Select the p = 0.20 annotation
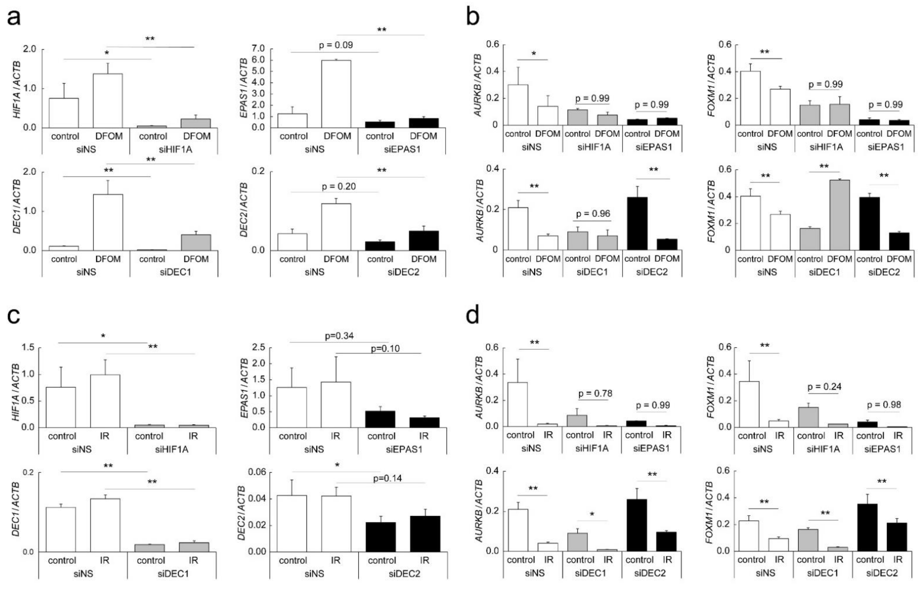(x=339, y=186)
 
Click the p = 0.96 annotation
(x=593, y=214)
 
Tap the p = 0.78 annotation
(x=595, y=393)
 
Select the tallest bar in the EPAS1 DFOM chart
(x=336, y=94)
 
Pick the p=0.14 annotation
(x=387, y=478)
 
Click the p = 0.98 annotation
(x=883, y=405)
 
